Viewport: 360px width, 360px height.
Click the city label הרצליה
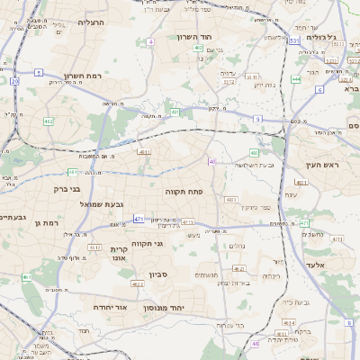click(x=91, y=22)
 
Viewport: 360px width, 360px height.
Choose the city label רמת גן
click(x=44, y=222)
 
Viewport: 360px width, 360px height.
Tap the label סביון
click(x=147, y=273)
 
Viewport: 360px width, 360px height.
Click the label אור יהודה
click(x=112, y=307)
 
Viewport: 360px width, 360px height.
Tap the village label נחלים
click(x=237, y=246)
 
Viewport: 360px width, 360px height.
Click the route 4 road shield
click(x=151, y=41)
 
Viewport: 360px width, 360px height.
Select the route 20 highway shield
click(x=15, y=81)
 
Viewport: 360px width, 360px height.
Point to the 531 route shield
click(x=292, y=40)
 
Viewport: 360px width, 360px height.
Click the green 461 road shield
click(x=27, y=277)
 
